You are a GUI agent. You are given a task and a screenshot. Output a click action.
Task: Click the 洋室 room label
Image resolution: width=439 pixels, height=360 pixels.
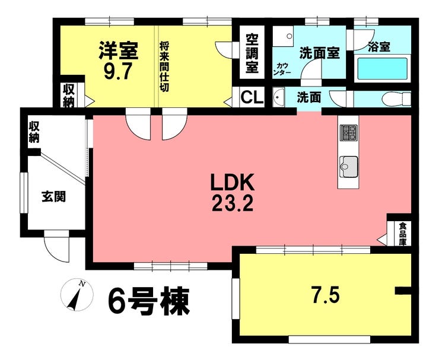tap(119, 50)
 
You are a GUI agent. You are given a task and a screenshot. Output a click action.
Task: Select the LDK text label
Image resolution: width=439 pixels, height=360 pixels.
tap(233, 182)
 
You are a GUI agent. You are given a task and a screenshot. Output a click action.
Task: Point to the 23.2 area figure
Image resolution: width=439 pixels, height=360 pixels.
tap(233, 203)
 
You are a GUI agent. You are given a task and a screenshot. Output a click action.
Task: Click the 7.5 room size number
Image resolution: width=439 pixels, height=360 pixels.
tap(326, 295)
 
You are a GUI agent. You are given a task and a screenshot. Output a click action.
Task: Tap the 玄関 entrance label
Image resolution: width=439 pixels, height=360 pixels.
tap(54, 196)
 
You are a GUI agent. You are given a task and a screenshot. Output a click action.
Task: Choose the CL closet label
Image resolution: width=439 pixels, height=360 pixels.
tap(252, 97)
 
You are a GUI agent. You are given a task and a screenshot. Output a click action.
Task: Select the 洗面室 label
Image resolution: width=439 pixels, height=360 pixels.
tap(320, 53)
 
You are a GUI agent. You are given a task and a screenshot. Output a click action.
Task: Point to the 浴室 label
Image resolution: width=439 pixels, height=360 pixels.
tap(379, 46)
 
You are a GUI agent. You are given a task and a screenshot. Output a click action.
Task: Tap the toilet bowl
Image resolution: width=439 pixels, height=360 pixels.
tap(396, 98)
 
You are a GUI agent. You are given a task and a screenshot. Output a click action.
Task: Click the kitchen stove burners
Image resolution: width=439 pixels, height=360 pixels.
tap(349, 132)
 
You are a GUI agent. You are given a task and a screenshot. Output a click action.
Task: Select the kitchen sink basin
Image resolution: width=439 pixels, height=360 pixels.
tap(349, 167)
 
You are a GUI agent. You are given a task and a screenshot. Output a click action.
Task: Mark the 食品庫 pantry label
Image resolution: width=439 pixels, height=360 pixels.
tap(403, 234)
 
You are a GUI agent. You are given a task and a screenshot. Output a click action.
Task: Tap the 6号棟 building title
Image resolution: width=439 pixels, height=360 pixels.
tap(149, 301)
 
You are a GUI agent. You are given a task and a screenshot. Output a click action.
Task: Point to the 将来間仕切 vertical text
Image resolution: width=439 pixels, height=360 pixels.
tap(164, 66)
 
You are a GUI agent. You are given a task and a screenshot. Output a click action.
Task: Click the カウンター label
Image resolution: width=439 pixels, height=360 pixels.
tap(284, 69)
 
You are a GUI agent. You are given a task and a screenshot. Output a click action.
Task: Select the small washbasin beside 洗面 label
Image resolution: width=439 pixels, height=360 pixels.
tap(279, 97)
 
